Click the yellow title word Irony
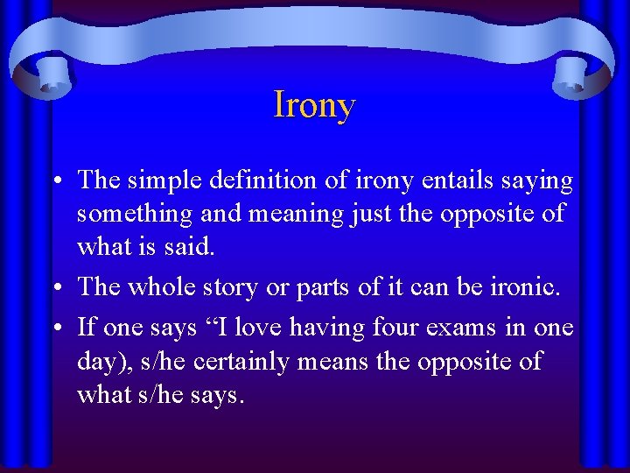314,105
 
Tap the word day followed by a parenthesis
97,362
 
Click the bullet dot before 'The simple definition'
56,182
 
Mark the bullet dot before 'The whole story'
56,286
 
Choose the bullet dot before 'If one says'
56,328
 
